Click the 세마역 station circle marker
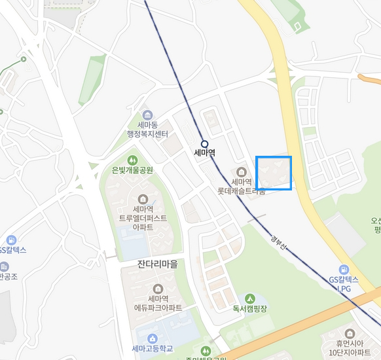pos(204,143)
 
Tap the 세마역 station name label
pos(204,154)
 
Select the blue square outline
pos(274,173)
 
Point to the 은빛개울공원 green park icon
pos(132,159)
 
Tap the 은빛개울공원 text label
pos(132,170)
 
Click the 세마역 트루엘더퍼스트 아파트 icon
pos(143,199)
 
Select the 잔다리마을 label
pos(157,264)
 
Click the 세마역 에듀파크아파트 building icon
pos(157,289)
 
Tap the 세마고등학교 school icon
pos(153,338)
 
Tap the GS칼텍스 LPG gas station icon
pos(344,270)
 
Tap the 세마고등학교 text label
pos(152,349)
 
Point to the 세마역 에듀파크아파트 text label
pos(157,304)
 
